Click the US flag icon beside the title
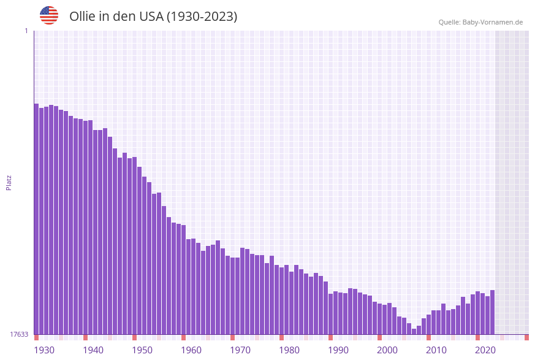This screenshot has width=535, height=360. pyautogui.click(x=49, y=15)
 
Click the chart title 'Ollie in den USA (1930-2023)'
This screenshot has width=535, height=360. pyautogui.click(x=153, y=17)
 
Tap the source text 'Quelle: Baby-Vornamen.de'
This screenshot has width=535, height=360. pyautogui.click(x=480, y=22)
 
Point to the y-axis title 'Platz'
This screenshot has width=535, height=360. pyautogui.click(x=9, y=182)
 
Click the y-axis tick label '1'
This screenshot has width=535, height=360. pyautogui.click(x=26, y=31)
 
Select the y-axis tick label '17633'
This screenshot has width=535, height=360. pyautogui.click(x=19, y=334)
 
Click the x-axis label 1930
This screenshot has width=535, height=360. pyautogui.click(x=44, y=350)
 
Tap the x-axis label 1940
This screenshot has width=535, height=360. pyautogui.click(x=93, y=350)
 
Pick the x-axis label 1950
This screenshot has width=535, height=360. pyautogui.click(x=142, y=350)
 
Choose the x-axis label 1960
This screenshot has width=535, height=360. pyautogui.click(x=191, y=350)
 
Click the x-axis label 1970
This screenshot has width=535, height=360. pyautogui.click(x=240, y=350)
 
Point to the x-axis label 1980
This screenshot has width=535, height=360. pyautogui.click(x=289, y=350)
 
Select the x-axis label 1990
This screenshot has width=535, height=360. pyautogui.click(x=338, y=350)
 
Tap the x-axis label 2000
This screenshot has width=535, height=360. pyautogui.click(x=387, y=350)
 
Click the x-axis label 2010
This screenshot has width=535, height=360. pyautogui.click(x=436, y=350)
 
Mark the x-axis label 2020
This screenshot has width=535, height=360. pyautogui.click(x=485, y=350)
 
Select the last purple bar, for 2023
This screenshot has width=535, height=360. pyautogui.click(x=492, y=312)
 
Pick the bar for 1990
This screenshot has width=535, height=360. pyautogui.click(x=330, y=314)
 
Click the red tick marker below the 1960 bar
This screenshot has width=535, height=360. pyautogui.click(x=183, y=337)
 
